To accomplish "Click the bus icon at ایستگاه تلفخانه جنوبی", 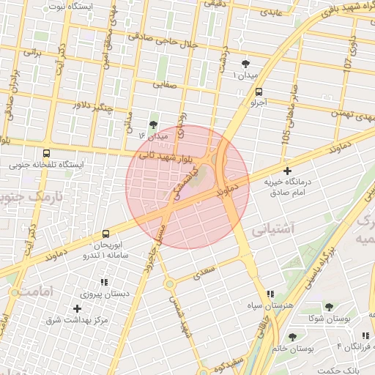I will [47, 154].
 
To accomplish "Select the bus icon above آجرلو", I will [259, 92].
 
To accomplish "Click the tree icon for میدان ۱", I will [245, 64].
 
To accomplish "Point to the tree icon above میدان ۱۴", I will [153, 125].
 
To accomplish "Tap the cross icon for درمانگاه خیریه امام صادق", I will [286, 170].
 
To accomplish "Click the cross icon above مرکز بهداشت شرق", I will [77, 308].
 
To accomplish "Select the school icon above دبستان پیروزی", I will [103, 282].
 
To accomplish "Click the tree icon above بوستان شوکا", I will [327, 307].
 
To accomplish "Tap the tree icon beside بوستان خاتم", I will [292, 337].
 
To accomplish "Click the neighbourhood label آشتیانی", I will [273, 229].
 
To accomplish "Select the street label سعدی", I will [205, 274].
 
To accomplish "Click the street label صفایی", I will [165, 85].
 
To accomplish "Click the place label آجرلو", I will [258, 103].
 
